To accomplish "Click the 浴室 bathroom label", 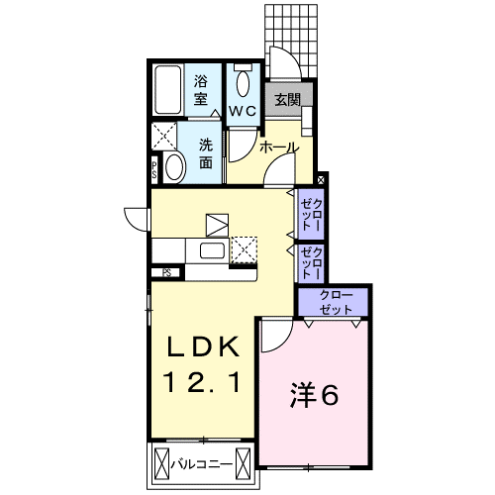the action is [200, 90].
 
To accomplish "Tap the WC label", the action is [243, 111].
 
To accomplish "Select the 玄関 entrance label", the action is [288, 100].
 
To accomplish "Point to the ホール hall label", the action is [279, 148].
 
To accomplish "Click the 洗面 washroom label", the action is [206, 153].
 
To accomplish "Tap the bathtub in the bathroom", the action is [168, 90].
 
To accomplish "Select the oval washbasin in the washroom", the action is [175, 167].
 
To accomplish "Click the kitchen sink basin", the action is [213, 251].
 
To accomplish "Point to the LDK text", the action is [204, 346].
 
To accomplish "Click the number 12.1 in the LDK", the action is [204, 382].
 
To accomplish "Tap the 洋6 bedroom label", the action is [314, 395].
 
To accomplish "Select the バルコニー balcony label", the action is [201, 465].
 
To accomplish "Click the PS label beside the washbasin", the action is [154, 170].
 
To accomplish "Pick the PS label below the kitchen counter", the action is [167, 273].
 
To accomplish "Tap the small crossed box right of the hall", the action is [321, 180].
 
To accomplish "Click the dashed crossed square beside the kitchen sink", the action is [244, 249].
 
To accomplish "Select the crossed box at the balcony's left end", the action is [161, 465].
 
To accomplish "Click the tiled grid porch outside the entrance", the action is [291, 41].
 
